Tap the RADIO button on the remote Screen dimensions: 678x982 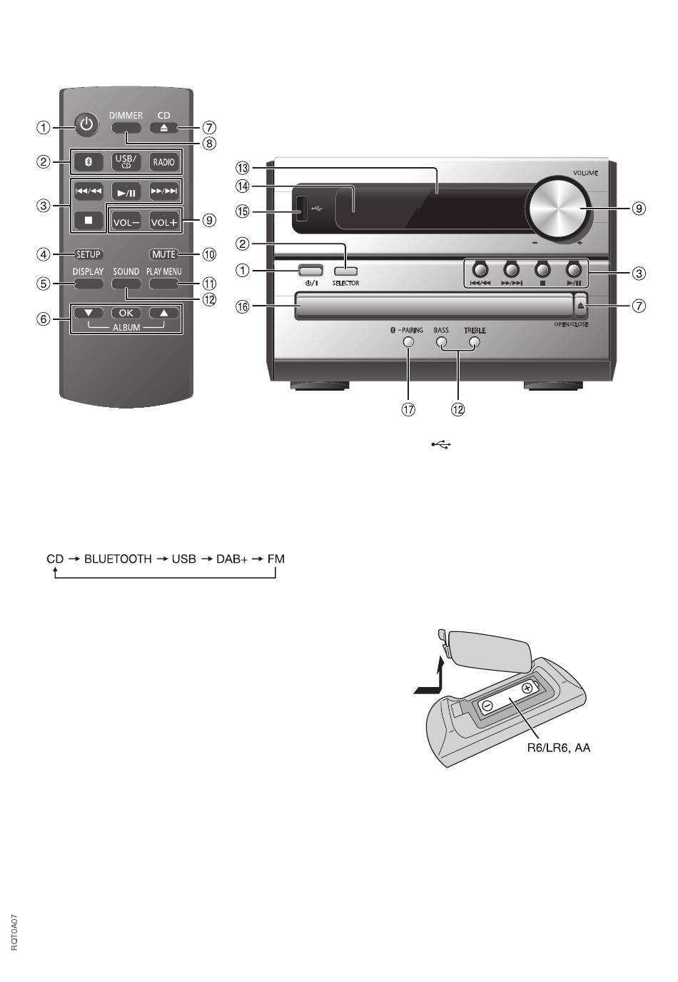(164, 162)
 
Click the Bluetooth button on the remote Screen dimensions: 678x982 (88, 162)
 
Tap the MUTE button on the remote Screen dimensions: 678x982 (164, 254)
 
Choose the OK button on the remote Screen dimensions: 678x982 (126, 313)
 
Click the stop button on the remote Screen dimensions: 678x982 (88, 221)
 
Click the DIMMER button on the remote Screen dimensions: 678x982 (126, 128)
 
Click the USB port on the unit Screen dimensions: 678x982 (301, 209)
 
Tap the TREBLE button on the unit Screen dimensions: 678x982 (475, 341)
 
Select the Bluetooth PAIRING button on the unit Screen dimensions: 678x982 (408, 341)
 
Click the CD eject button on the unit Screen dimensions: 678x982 (580, 306)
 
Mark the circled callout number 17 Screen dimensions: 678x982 (408, 409)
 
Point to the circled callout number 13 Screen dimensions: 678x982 (242, 168)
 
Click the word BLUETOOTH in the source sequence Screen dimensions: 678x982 (118, 559)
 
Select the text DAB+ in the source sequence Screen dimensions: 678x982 (232, 559)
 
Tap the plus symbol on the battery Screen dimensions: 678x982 (527, 687)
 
